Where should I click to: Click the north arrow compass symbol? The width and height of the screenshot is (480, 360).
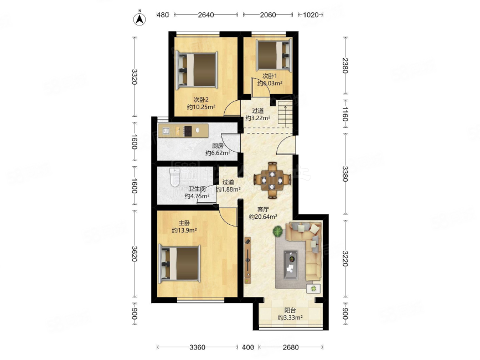click(140, 19)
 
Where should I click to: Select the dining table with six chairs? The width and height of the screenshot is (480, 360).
click(272, 180)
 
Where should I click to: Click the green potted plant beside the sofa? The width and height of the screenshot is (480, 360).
click(278, 232)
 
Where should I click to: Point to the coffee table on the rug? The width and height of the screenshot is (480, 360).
click(291, 265)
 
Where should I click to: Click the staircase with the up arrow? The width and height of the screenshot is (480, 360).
click(285, 114)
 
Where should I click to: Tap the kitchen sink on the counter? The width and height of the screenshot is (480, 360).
click(166, 131)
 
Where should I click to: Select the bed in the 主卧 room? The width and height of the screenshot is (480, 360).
click(179, 264)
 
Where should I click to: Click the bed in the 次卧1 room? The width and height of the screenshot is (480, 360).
click(274, 55)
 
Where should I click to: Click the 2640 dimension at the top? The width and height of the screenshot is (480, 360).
click(206, 15)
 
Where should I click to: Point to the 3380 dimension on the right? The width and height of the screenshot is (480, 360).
click(345, 174)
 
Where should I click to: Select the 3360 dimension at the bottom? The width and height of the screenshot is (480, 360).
click(198, 347)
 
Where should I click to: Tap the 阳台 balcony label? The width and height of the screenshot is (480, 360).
click(290, 310)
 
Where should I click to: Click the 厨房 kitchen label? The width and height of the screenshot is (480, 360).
click(218, 146)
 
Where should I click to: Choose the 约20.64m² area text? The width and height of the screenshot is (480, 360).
click(264, 217)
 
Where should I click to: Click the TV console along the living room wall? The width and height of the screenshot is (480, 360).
click(247, 260)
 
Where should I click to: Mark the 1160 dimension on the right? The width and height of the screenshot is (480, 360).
click(345, 114)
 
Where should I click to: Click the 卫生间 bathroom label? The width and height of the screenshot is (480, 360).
click(197, 189)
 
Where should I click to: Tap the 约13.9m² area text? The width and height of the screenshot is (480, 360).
click(184, 230)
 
